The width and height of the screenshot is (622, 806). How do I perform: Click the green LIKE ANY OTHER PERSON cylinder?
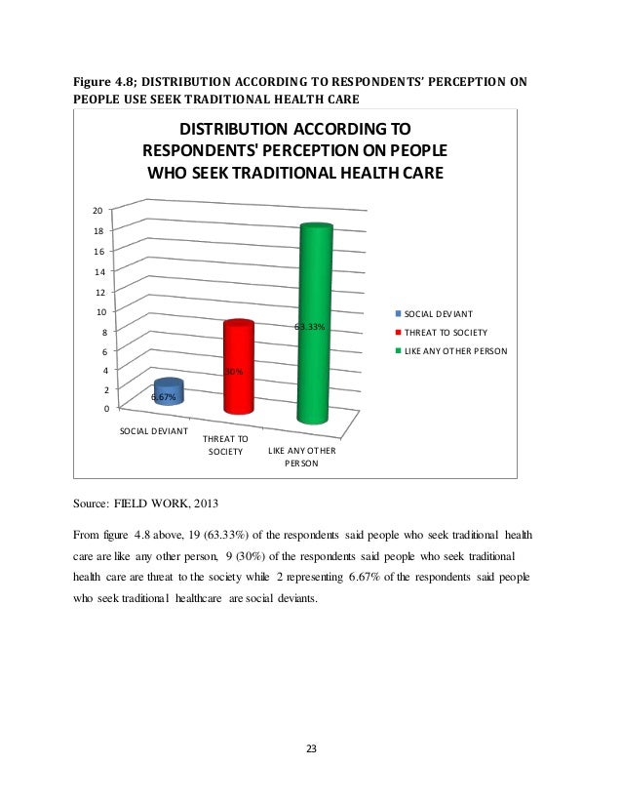316,322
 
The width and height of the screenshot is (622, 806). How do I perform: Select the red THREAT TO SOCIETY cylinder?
238,371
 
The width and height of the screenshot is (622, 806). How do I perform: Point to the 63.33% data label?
309,328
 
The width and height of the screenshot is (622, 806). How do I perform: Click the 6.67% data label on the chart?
163,398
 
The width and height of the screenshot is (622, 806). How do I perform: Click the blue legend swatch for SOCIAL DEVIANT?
397,314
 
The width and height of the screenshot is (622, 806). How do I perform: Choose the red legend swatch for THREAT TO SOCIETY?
397,332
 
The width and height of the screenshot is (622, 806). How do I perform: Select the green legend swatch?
397,349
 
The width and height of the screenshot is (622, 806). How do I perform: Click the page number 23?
311,749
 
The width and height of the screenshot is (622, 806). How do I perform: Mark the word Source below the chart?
91,505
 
